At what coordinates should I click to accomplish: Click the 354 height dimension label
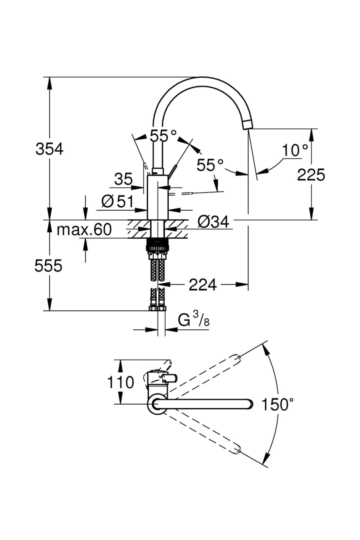49,149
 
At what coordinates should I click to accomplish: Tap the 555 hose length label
48,266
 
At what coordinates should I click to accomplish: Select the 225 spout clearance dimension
311,175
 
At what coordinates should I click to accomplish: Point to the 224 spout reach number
202,285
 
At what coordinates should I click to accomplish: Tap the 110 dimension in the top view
120,382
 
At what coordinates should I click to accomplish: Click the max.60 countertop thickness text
84,230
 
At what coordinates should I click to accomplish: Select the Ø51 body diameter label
117,201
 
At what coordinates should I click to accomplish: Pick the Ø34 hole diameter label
213,222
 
